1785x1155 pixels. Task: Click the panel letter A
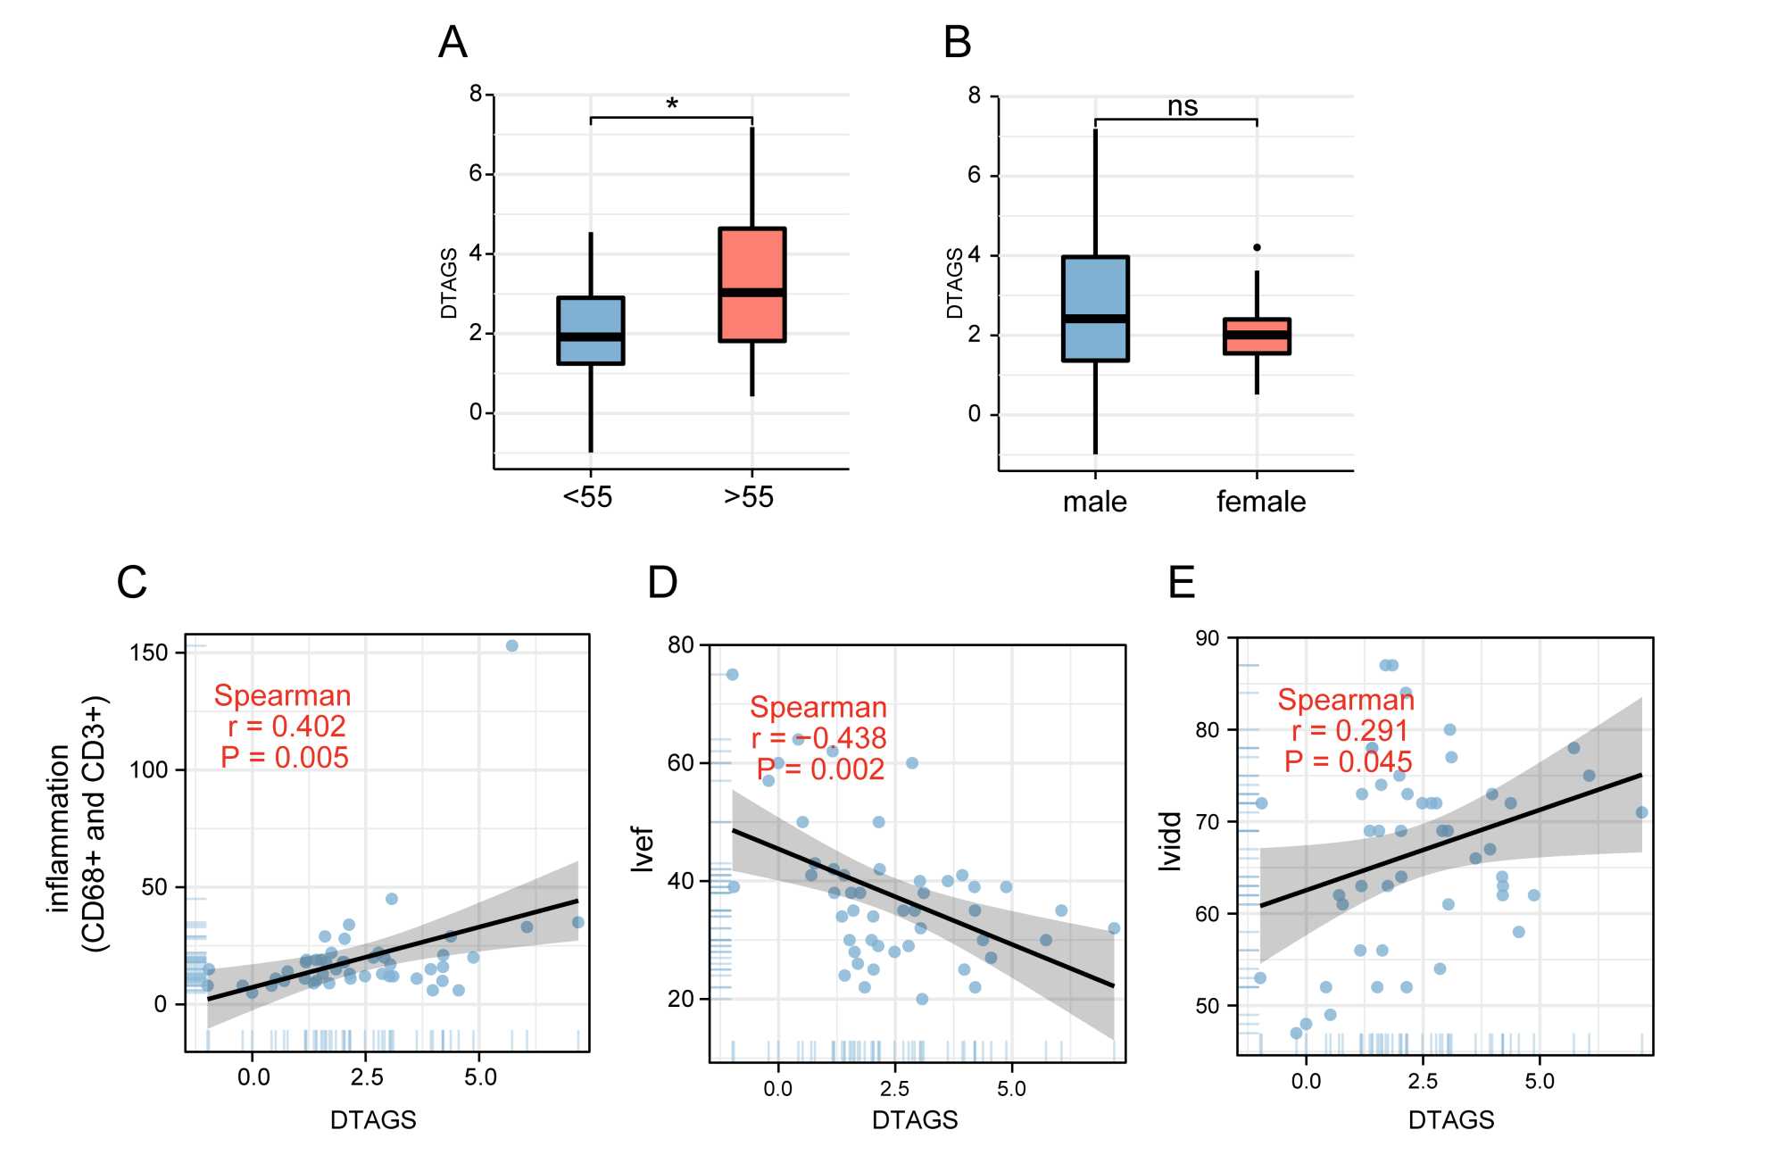point(452,42)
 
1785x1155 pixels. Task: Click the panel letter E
point(1181,583)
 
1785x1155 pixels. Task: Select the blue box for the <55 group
point(590,330)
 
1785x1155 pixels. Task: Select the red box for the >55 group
point(751,284)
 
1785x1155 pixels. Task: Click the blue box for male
point(1095,308)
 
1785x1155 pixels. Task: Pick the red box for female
point(1257,336)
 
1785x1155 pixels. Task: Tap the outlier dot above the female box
point(1257,247)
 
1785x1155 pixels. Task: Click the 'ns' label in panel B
point(1182,106)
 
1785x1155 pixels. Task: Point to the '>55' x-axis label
point(748,497)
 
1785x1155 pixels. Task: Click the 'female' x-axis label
point(1260,502)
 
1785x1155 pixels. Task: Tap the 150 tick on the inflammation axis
point(148,652)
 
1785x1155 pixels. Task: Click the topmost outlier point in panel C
point(511,645)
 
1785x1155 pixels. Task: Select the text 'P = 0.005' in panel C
point(285,758)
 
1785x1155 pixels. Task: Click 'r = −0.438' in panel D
point(818,738)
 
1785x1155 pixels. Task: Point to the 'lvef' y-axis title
point(643,848)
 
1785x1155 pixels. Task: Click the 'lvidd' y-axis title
point(1170,841)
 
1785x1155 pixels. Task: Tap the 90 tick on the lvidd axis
point(1207,638)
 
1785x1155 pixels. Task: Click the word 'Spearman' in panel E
point(1345,700)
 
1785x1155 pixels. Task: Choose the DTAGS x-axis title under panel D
point(915,1120)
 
